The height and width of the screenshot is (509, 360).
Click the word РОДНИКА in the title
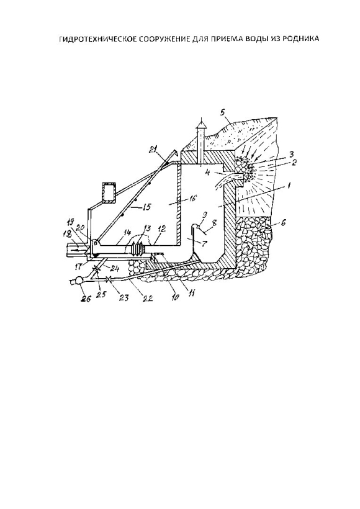click(302, 39)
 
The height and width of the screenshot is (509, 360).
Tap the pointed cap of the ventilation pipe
click(202, 124)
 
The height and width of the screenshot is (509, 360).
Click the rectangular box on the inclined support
click(109, 192)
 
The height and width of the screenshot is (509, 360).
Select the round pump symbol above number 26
click(79, 280)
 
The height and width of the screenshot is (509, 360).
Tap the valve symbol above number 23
click(109, 279)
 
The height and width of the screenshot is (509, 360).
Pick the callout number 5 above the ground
click(222, 112)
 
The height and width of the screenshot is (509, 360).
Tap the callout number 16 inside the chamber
click(192, 199)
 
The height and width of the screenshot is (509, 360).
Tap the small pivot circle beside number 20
click(96, 242)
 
